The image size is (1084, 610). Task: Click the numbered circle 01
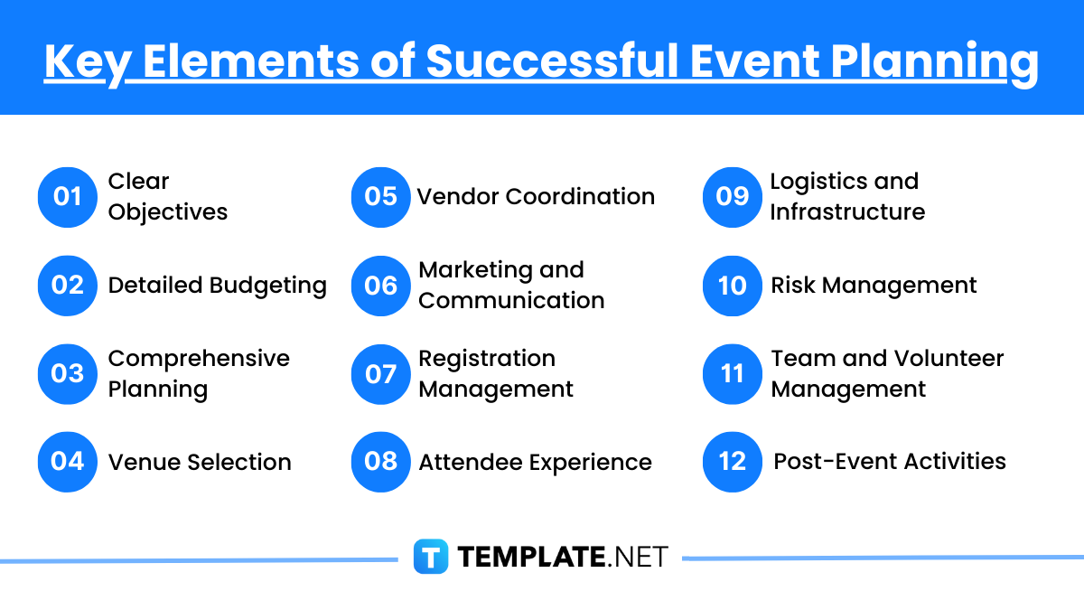(x=68, y=197)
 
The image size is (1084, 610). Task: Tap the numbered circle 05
(x=381, y=197)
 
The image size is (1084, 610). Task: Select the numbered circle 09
(x=733, y=197)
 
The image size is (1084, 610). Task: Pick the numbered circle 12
(x=733, y=462)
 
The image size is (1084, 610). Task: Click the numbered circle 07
(x=381, y=374)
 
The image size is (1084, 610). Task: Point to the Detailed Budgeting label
(x=217, y=286)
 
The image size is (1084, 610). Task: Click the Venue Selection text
(x=200, y=462)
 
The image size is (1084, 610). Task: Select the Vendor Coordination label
(x=536, y=197)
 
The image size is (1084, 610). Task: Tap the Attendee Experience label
(x=535, y=462)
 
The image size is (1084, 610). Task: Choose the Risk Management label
(x=874, y=286)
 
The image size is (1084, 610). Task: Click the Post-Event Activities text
(x=890, y=462)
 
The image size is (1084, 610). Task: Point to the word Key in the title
(x=83, y=61)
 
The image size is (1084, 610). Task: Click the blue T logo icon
(x=431, y=557)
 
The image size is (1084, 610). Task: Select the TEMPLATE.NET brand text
(x=563, y=557)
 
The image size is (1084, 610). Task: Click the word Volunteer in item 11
(x=948, y=359)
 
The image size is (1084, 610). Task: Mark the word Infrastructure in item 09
(x=847, y=212)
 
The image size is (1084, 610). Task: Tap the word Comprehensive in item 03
(x=199, y=359)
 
